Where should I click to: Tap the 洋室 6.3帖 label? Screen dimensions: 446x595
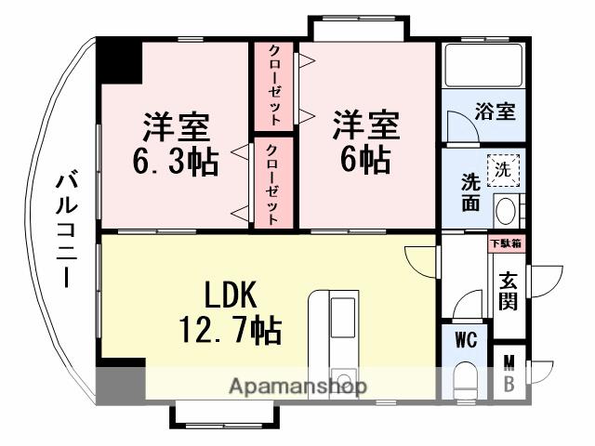[x=176, y=144]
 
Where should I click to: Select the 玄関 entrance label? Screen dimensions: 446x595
[x=508, y=288]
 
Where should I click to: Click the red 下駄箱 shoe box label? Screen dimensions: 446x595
[x=506, y=244]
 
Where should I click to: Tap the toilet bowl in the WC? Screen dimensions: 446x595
[x=464, y=382]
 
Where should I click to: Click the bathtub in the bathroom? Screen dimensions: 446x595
[x=484, y=65]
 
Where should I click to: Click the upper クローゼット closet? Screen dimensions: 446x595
[x=275, y=85]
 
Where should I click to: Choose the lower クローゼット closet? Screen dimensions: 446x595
[x=271, y=183]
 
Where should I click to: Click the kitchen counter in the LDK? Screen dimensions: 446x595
[x=334, y=334]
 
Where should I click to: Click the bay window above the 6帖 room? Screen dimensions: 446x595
[x=358, y=28]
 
